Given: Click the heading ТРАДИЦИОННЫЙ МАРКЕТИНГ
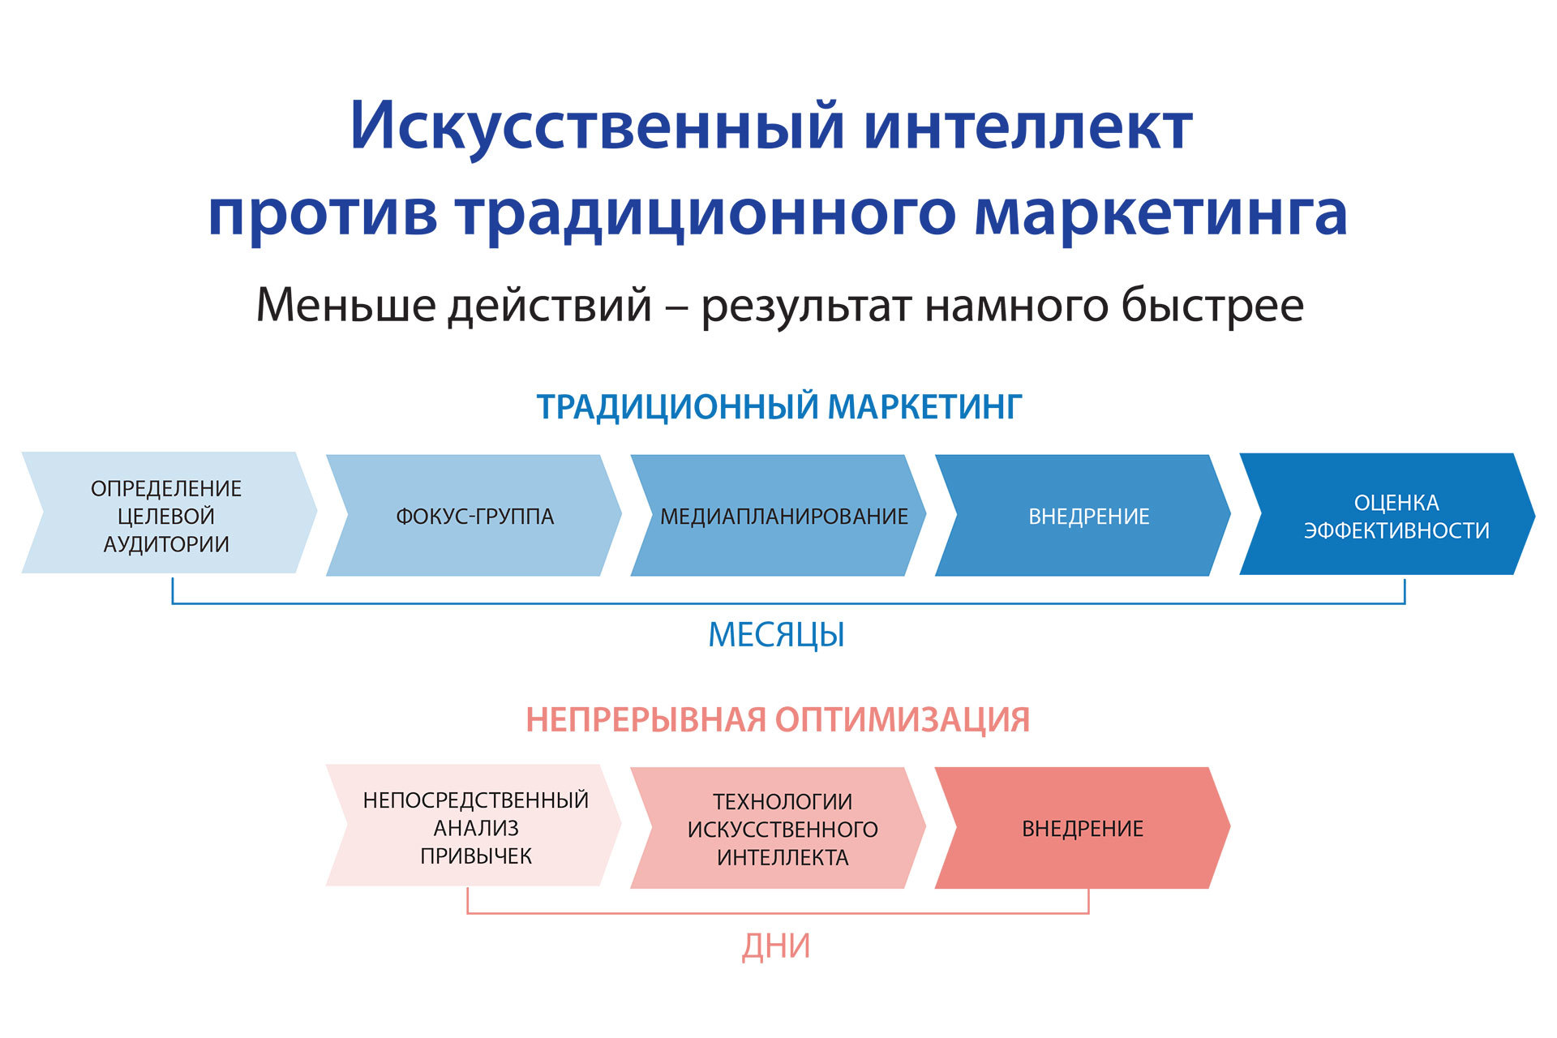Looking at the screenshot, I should click(x=778, y=407).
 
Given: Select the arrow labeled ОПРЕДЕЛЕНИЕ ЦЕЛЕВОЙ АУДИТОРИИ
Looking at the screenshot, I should click(x=166, y=516).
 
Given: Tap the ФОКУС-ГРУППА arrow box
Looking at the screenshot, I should click(x=474, y=516).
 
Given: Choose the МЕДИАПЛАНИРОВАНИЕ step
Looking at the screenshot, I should click(x=783, y=516).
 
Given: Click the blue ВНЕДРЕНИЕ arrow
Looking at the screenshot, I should click(x=1088, y=516).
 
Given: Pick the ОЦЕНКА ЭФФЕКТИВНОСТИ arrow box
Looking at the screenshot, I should click(x=1395, y=516).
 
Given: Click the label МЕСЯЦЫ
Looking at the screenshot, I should click(x=776, y=635).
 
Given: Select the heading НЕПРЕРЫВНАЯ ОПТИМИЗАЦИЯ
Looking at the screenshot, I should click(x=777, y=720).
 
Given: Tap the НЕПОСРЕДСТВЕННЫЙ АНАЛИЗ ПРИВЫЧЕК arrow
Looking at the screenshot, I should click(x=474, y=827).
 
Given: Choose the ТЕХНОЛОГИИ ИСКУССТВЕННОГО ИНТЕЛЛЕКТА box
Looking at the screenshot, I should click(x=782, y=829).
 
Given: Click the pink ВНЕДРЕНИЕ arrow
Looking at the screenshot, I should click(x=1082, y=829).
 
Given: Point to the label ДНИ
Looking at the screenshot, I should click(x=775, y=946).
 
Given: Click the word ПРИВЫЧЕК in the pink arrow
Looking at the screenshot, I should click(x=476, y=856).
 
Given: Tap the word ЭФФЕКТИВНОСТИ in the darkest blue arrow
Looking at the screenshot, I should click(x=1396, y=530).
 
